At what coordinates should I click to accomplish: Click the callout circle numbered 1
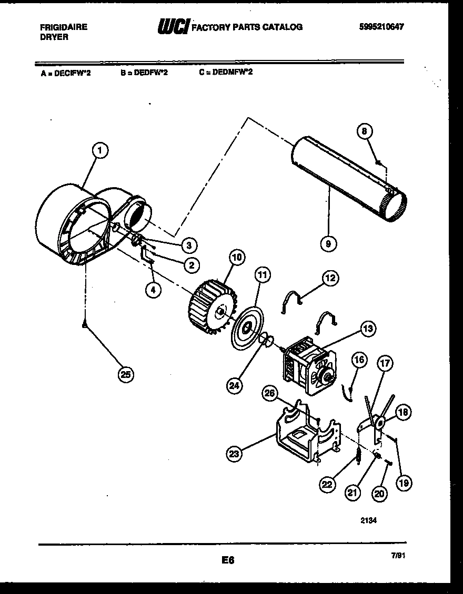tap(99, 151)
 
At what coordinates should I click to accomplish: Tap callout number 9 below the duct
tap(328, 243)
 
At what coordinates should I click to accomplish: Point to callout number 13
tap(367, 330)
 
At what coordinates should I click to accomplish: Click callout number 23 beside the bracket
tap(235, 453)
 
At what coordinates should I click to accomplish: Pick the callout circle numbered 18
tap(403, 413)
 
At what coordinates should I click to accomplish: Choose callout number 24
tap(235, 385)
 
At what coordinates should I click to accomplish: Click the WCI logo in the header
tap(173, 26)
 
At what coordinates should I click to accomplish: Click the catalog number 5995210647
tap(382, 27)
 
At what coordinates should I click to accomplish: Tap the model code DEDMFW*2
tap(232, 72)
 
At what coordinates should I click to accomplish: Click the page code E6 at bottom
tap(227, 561)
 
